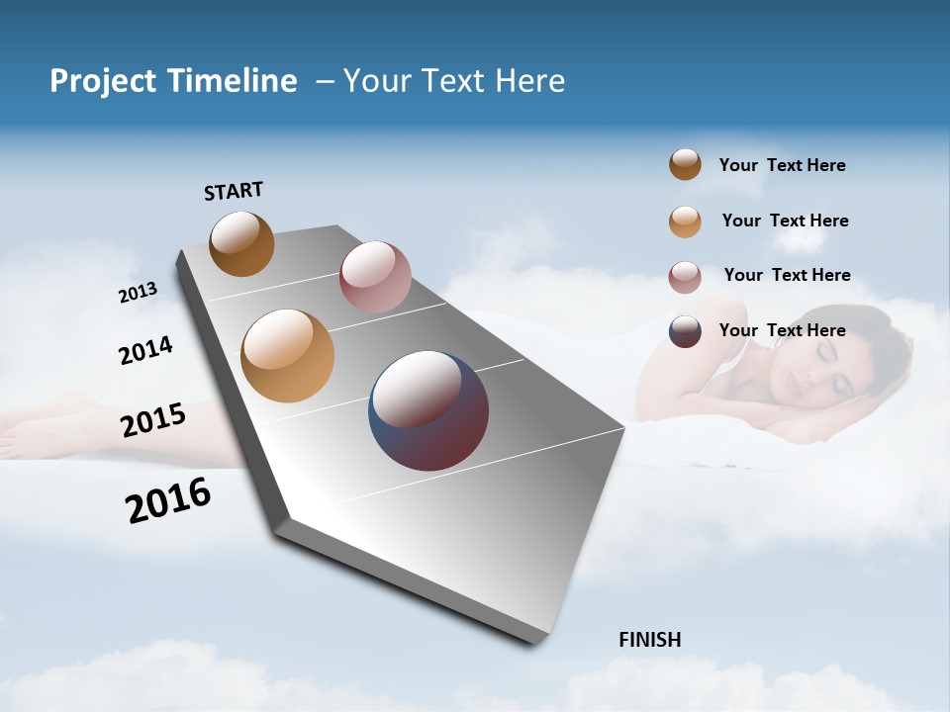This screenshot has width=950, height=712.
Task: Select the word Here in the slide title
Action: [529, 81]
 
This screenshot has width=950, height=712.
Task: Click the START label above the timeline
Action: [234, 191]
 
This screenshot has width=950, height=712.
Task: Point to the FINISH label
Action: [649, 640]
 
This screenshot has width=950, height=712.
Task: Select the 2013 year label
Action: [138, 293]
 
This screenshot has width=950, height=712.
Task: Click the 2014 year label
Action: [145, 350]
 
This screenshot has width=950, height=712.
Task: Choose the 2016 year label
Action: [168, 500]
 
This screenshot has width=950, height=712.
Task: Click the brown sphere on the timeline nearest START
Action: [241, 243]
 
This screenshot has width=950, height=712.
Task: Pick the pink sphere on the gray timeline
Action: [375, 277]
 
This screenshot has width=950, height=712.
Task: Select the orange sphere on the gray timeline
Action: [288, 356]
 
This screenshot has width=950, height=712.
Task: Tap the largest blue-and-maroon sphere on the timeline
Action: [428, 410]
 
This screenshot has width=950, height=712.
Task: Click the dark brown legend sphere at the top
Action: [685, 165]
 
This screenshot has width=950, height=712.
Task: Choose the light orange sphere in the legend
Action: [685, 222]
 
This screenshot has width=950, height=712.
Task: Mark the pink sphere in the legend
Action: [685, 277]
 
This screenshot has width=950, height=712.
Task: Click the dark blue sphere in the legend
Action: [685, 331]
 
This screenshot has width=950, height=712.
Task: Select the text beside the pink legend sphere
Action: [787, 275]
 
